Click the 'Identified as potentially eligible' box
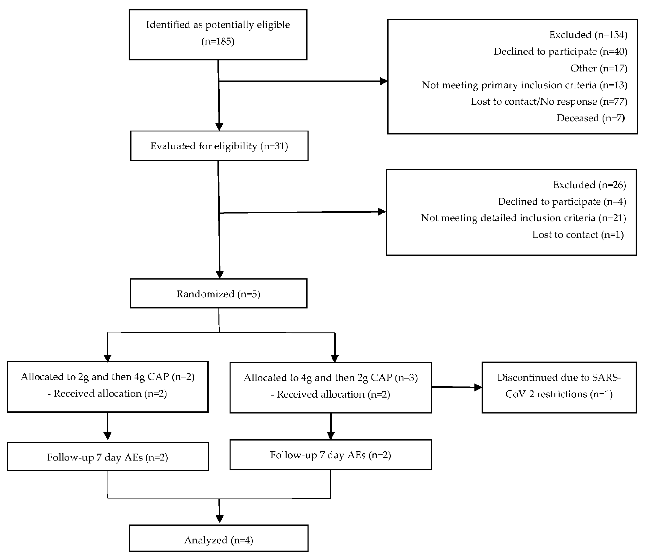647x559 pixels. (218, 34)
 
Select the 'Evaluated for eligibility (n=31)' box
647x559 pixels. (219, 146)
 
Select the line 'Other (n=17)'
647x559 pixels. (599, 68)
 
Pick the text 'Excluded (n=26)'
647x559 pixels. (589, 185)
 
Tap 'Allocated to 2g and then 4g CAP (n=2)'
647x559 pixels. (107, 377)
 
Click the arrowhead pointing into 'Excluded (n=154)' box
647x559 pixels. (384, 81)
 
